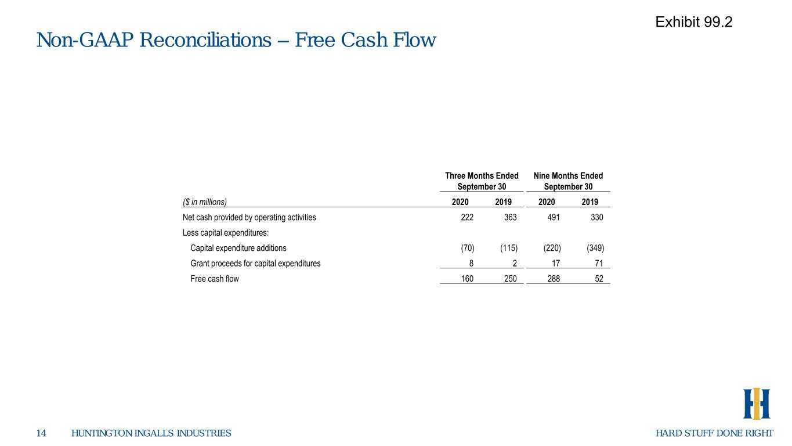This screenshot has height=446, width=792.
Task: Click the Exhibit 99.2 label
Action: click(694, 22)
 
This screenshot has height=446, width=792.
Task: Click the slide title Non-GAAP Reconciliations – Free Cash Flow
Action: click(236, 39)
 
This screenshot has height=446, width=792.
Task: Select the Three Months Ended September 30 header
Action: click(482, 181)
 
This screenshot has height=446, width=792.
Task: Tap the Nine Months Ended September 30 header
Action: click(568, 181)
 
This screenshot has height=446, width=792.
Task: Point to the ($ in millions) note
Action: click(205, 202)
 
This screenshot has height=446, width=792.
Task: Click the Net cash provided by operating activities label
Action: click(249, 217)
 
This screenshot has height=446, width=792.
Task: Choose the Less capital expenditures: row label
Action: click(226, 232)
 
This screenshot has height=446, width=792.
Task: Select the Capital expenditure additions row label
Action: click(238, 248)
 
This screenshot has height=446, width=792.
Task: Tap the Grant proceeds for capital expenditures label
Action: click(255, 263)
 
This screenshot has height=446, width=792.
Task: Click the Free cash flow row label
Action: click(215, 279)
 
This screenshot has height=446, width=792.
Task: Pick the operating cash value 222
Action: click(467, 217)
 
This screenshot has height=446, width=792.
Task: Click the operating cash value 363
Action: click(510, 217)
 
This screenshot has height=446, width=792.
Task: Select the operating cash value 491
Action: click(554, 217)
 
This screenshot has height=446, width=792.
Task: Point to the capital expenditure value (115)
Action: click(509, 248)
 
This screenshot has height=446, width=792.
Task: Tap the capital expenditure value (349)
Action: click(595, 248)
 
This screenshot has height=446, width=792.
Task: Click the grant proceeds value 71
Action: click(599, 263)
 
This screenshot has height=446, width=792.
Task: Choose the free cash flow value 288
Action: click(554, 279)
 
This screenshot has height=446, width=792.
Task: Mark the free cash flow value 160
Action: click(467, 279)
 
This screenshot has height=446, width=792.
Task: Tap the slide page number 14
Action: click(41, 433)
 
